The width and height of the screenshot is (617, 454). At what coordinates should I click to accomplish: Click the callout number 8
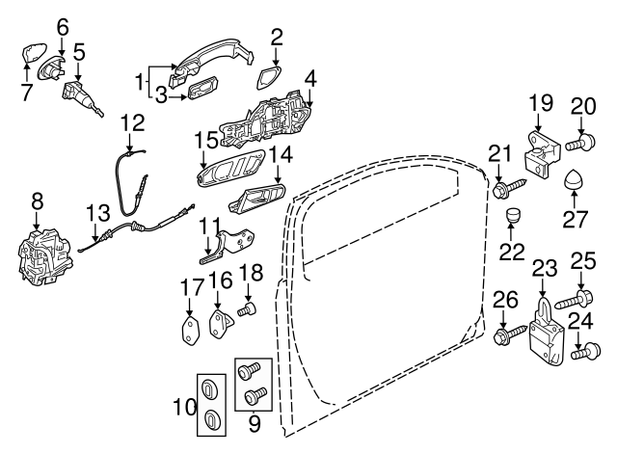click(x=38, y=200)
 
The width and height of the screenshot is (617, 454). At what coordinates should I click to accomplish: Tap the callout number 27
click(x=576, y=219)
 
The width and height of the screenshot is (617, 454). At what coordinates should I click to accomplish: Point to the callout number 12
click(x=132, y=122)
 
